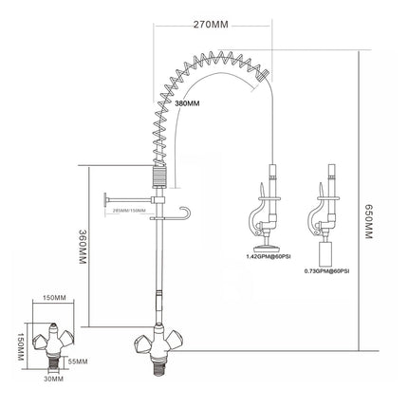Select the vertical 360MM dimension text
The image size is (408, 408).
click(83, 248)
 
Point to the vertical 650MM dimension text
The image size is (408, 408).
click(372, 225)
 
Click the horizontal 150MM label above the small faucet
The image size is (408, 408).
click(54, 299)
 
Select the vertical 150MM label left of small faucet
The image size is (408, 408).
click(18, 346)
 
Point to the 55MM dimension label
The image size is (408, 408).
click(79, 362)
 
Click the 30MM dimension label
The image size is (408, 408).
click(55, 380)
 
